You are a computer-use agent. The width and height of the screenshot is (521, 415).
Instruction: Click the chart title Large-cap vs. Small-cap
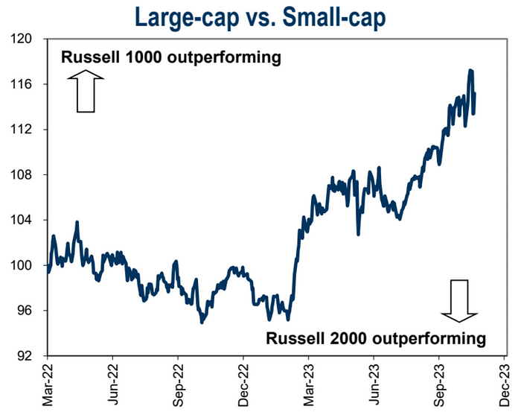click(x=260, y=16)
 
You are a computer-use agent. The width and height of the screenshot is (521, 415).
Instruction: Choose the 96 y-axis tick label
click(x=27, y=311)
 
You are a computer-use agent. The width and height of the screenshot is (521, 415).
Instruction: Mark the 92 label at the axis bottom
click(x=27, y=356)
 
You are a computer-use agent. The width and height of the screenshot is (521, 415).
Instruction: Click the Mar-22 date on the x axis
click(x=48, y=384)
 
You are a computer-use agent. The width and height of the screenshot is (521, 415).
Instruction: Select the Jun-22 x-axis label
click(x=113, y=384)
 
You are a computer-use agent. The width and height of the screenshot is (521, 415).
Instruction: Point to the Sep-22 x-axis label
click(x=179, y=384)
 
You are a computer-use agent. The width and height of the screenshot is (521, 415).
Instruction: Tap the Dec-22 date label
click(x=244, y=384)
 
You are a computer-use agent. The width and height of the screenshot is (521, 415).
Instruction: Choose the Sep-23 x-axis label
click(x=441, y=384)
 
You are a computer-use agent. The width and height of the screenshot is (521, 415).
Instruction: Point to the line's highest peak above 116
click(x=470, y=71)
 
